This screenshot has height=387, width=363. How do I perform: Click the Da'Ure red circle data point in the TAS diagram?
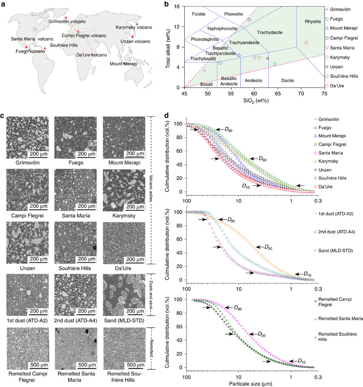[x=306, y=43]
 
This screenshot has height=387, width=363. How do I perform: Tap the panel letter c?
[x=3, y=117]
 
